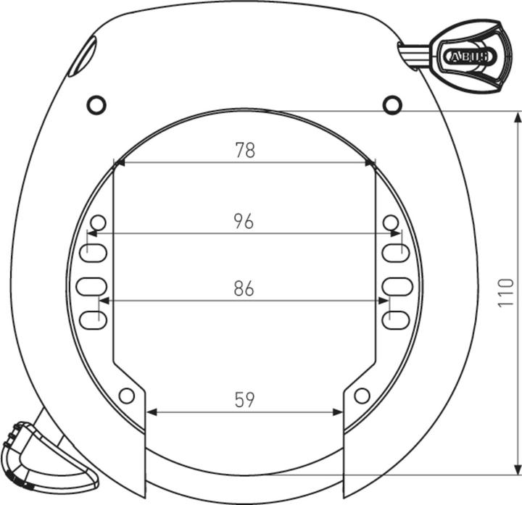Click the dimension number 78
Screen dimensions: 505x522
click(245, 150)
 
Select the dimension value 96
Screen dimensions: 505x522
click(244, 222)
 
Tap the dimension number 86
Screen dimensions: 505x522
click(244, 288)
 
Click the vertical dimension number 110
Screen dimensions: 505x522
click(506, 293)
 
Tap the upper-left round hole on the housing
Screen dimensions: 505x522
click(96, 105)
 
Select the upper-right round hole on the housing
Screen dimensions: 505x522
click(392, 105)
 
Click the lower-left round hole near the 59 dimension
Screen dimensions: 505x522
click(127, 396)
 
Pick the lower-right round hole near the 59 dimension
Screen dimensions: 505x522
click(362, 396)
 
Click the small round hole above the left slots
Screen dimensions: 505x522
click(99, 222)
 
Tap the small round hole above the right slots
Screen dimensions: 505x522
click(391, 222)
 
